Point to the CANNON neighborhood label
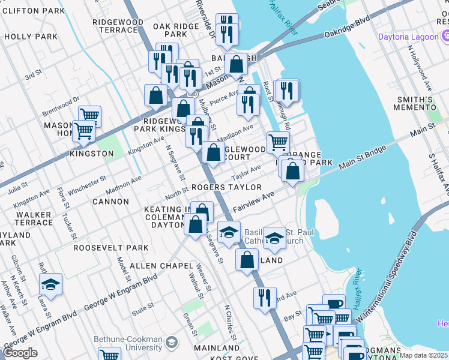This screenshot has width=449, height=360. click(111, 202)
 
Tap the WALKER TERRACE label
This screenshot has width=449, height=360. click(34, 218)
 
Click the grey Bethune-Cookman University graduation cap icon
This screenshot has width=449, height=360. click(172, 342)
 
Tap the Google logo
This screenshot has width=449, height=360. click(20, 353)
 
